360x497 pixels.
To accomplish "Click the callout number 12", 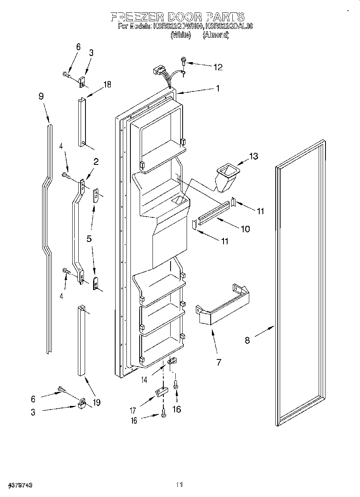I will pyautogui.click(x=218, y=67).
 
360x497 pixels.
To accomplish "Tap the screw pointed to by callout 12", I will pyautogui.click(x=184, y=61).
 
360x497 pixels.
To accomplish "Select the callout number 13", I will pyautogui.click(x=254, y=156).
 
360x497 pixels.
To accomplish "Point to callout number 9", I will pyautogui.click(x=41, y=96).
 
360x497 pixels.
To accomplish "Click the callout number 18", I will pyautogui.click(x=107, y=85).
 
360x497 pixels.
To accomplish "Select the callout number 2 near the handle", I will pyautogui.click(x=96, y=162).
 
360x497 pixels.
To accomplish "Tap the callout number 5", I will pyautogui.click(x=89, y=238).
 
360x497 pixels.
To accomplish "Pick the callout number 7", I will pyautogui.click(x=219, y=362).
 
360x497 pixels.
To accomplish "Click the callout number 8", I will pyautogui.click(x=247, y=340).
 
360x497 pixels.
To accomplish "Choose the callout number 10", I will pyautogui.click(x=245, y=229).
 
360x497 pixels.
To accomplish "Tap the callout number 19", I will pyautogui.click(x=96, y=402).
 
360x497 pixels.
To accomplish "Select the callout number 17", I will pyautogui.click(x=132, y=410).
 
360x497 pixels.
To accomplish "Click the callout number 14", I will pyautogui.click(x=143, y=379).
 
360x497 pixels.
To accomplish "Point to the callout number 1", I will pyautogui.click(x=218, y=89).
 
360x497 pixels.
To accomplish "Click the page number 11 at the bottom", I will pyautogui.click(x=179, y=485).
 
